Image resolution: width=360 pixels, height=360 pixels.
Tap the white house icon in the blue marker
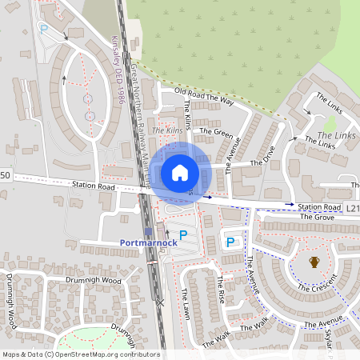pos(180,172)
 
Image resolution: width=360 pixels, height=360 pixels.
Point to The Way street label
pos(223,102)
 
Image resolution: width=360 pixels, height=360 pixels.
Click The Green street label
pos(216,132)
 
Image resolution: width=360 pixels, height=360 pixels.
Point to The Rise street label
pos(221,289)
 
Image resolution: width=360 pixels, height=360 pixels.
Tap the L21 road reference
pos(353,207)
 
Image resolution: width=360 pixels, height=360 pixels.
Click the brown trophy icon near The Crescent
pos(314,262)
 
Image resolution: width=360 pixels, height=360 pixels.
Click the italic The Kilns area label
pos(167,130)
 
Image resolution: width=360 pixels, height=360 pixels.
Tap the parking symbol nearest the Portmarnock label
pos(183,235)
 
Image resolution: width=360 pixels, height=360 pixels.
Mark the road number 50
pos(5,175)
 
